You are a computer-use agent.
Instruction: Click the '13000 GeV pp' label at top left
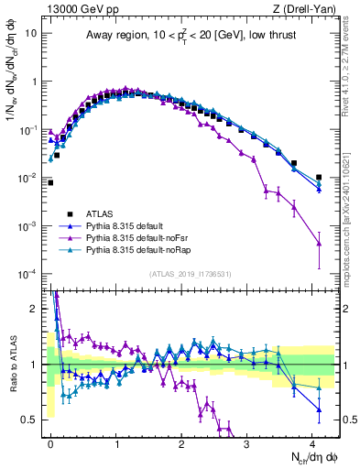point(77,8)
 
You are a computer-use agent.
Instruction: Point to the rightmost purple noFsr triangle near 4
point(319,243)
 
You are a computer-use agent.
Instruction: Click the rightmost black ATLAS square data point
point(319,178)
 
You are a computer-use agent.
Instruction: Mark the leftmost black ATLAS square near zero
point(50,182)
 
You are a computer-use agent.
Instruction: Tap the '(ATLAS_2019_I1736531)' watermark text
point(191,274)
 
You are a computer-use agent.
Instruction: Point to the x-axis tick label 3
point(247,443)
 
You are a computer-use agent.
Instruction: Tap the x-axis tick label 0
point(50,443)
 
